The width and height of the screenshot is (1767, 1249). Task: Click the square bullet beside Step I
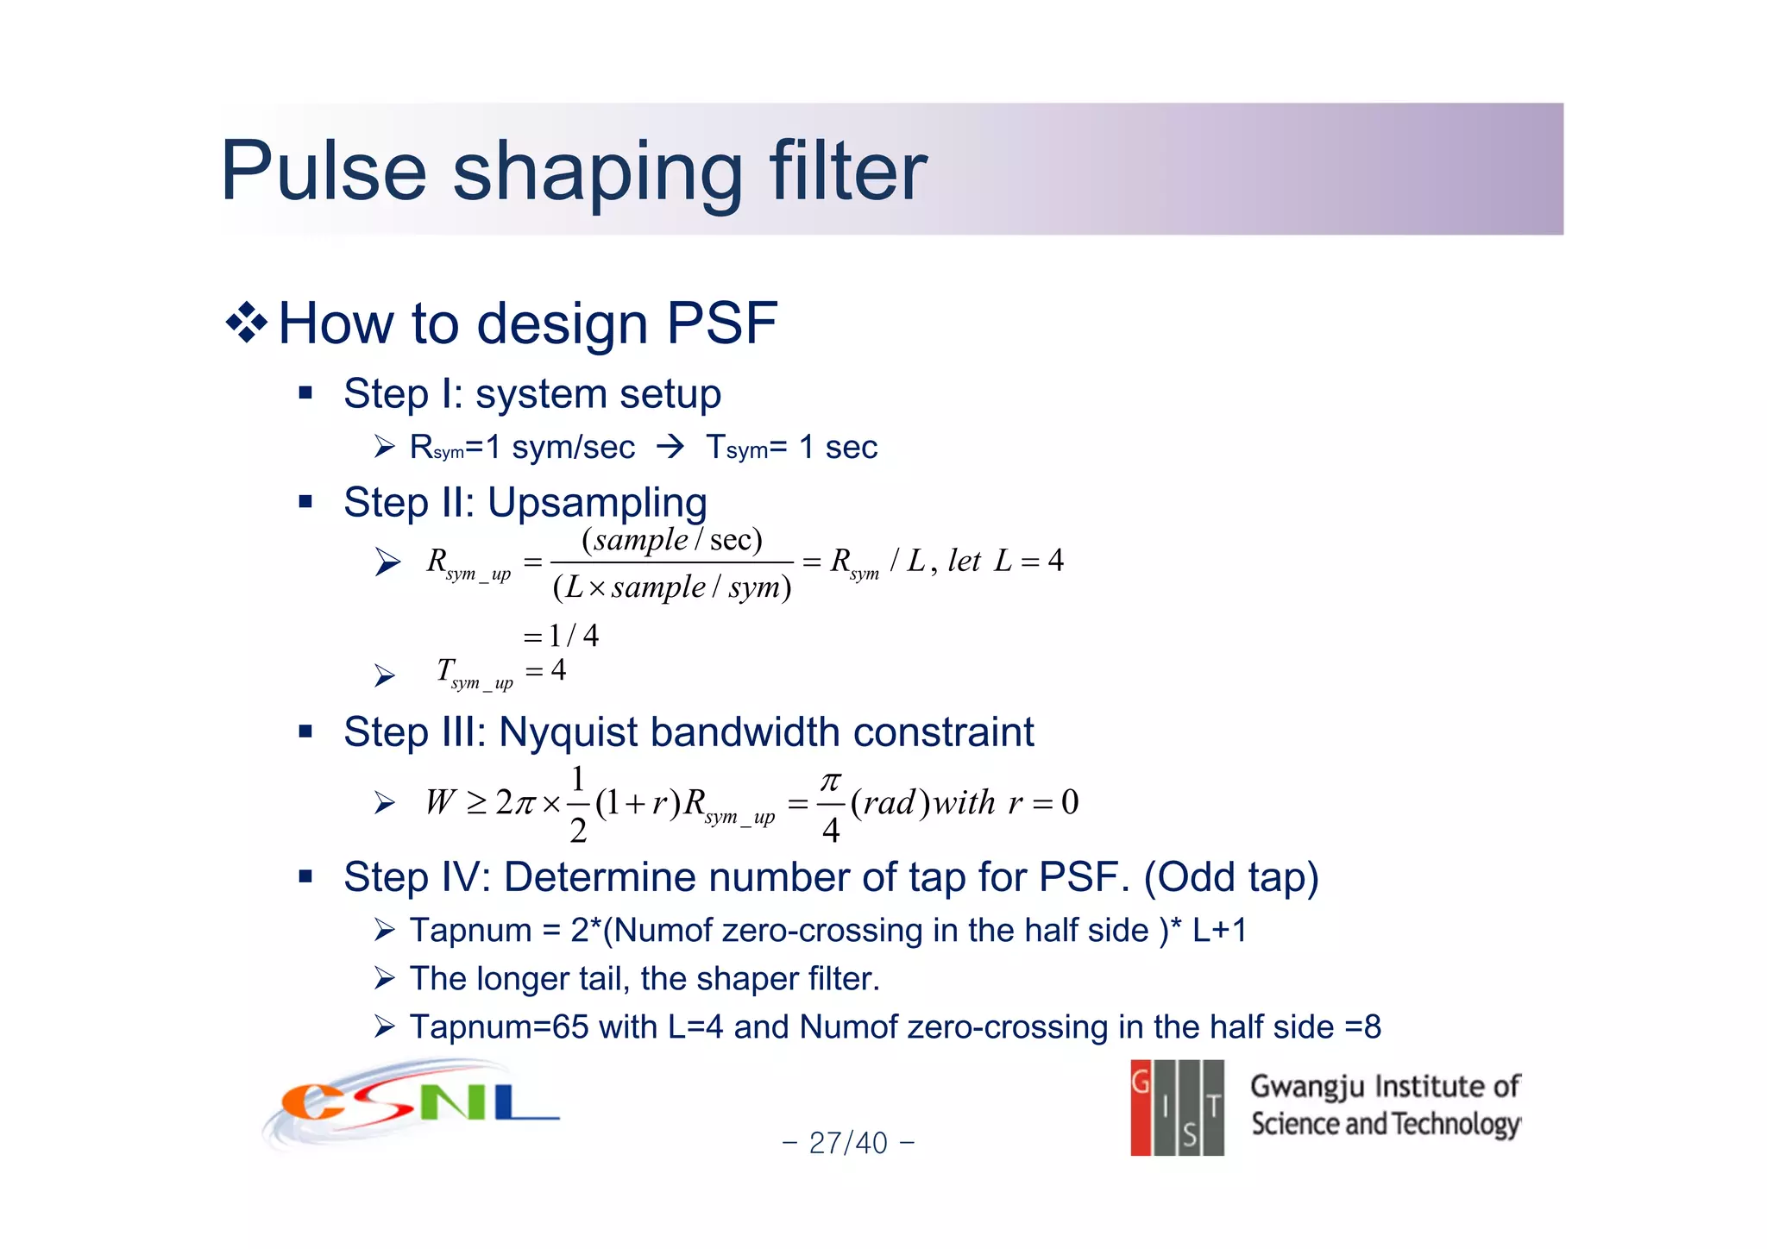(305, 394)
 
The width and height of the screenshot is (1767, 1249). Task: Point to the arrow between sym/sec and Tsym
(670, 447)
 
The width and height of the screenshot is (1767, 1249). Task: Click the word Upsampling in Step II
(597, 502)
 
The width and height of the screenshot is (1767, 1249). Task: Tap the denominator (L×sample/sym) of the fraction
(671, 587)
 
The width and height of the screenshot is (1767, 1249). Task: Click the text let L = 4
(1005, 562)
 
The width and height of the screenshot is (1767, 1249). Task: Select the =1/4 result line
(561, 636)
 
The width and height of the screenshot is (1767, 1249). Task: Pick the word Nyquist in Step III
(569, 732)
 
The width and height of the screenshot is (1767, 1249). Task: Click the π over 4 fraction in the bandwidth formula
(830, 805)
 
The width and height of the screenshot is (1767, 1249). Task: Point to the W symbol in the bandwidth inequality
(439, 803)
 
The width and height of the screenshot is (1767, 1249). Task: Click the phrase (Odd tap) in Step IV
(1231, 877)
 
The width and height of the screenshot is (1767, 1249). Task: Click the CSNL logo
(412, 1105)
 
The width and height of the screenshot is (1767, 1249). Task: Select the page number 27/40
(847, 1143)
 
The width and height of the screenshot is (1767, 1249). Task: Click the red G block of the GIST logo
(1141, 1108)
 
